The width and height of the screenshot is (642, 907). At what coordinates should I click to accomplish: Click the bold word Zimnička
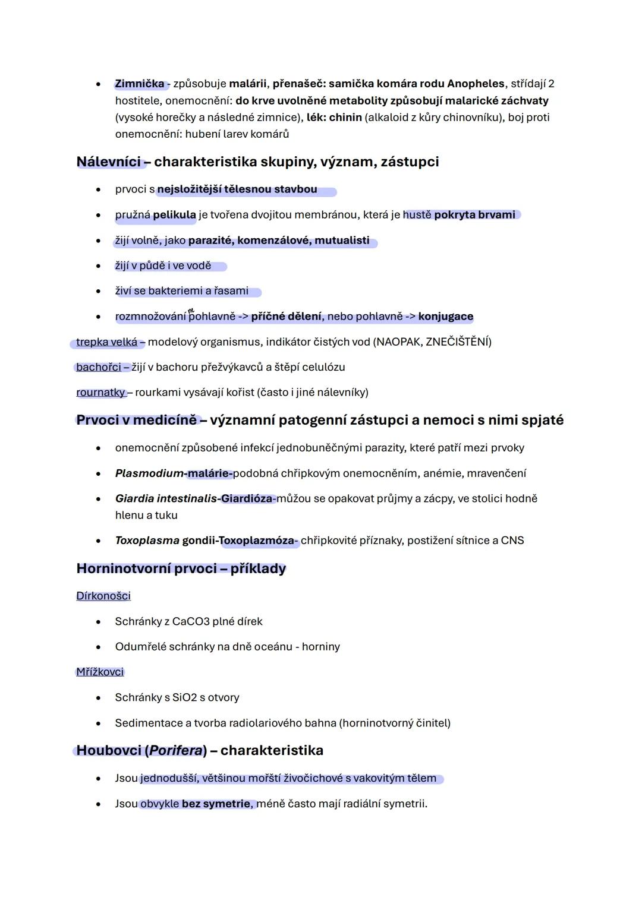click(x=139, y=84)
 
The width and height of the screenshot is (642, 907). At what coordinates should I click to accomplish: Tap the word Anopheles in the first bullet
click(x=476, y=84)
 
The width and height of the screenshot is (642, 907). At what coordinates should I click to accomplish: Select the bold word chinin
click(x=345, y=118)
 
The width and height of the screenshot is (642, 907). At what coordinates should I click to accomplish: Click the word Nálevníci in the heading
click(x=109, y=162)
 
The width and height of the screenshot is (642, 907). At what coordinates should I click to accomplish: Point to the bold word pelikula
click(x=174, y=215)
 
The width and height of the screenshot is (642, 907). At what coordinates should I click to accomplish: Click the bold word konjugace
click(x=446, y=317)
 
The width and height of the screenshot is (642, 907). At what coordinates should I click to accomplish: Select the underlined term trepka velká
click(x=106, y=342)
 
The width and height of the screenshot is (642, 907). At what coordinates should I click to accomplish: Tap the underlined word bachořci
click(x=99, y=367)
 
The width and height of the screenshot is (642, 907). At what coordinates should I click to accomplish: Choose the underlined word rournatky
click(x=100, y=393)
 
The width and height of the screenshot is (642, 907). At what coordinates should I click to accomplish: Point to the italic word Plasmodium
click(x=149, y=473)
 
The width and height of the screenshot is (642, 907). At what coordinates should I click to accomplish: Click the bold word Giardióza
click(x=247, y=499)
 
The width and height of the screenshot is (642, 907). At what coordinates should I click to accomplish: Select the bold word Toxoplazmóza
click(x=256, y=541)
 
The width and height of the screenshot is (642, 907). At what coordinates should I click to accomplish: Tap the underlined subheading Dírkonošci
click(x=103, y=596)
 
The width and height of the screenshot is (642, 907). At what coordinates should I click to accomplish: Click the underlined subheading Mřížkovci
click(x=100, y=672)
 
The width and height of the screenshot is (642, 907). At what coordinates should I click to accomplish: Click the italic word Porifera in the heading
click(x=175, y=751)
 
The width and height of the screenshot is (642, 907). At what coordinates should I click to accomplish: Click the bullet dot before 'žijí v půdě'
click(x=98, y=266)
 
